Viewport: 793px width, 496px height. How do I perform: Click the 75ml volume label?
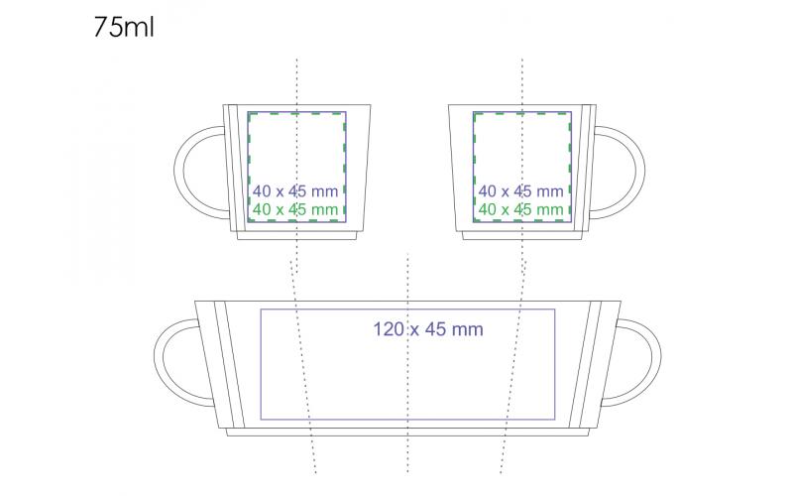tap(124, 27)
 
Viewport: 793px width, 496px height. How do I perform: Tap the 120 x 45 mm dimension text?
tap(428, 329)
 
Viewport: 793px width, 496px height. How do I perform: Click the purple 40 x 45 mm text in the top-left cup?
tap(295, 191)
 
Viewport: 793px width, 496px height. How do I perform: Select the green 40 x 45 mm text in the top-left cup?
tap(295, 209)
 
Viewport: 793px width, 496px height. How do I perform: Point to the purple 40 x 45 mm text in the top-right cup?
tap(521, 191)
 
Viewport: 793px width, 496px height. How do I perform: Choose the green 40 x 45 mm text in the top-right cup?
tap(521, 209)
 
